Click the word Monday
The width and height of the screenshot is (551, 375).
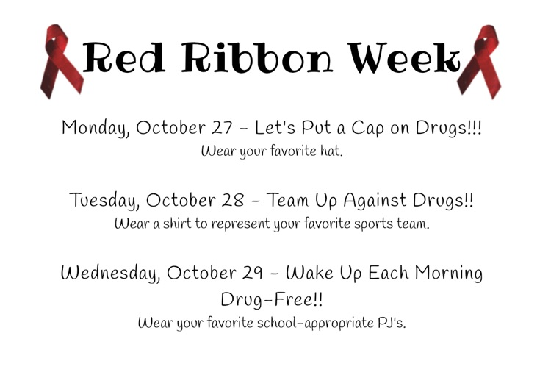click(x=96, y=128)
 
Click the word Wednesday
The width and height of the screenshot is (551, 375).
click(x=109, y=274)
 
